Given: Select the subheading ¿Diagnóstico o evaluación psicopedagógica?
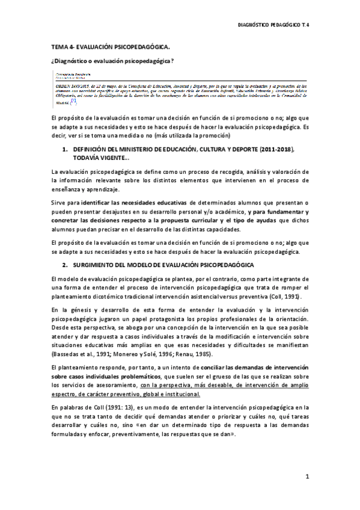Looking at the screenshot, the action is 112,61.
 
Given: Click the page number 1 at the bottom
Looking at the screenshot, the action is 307,477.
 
